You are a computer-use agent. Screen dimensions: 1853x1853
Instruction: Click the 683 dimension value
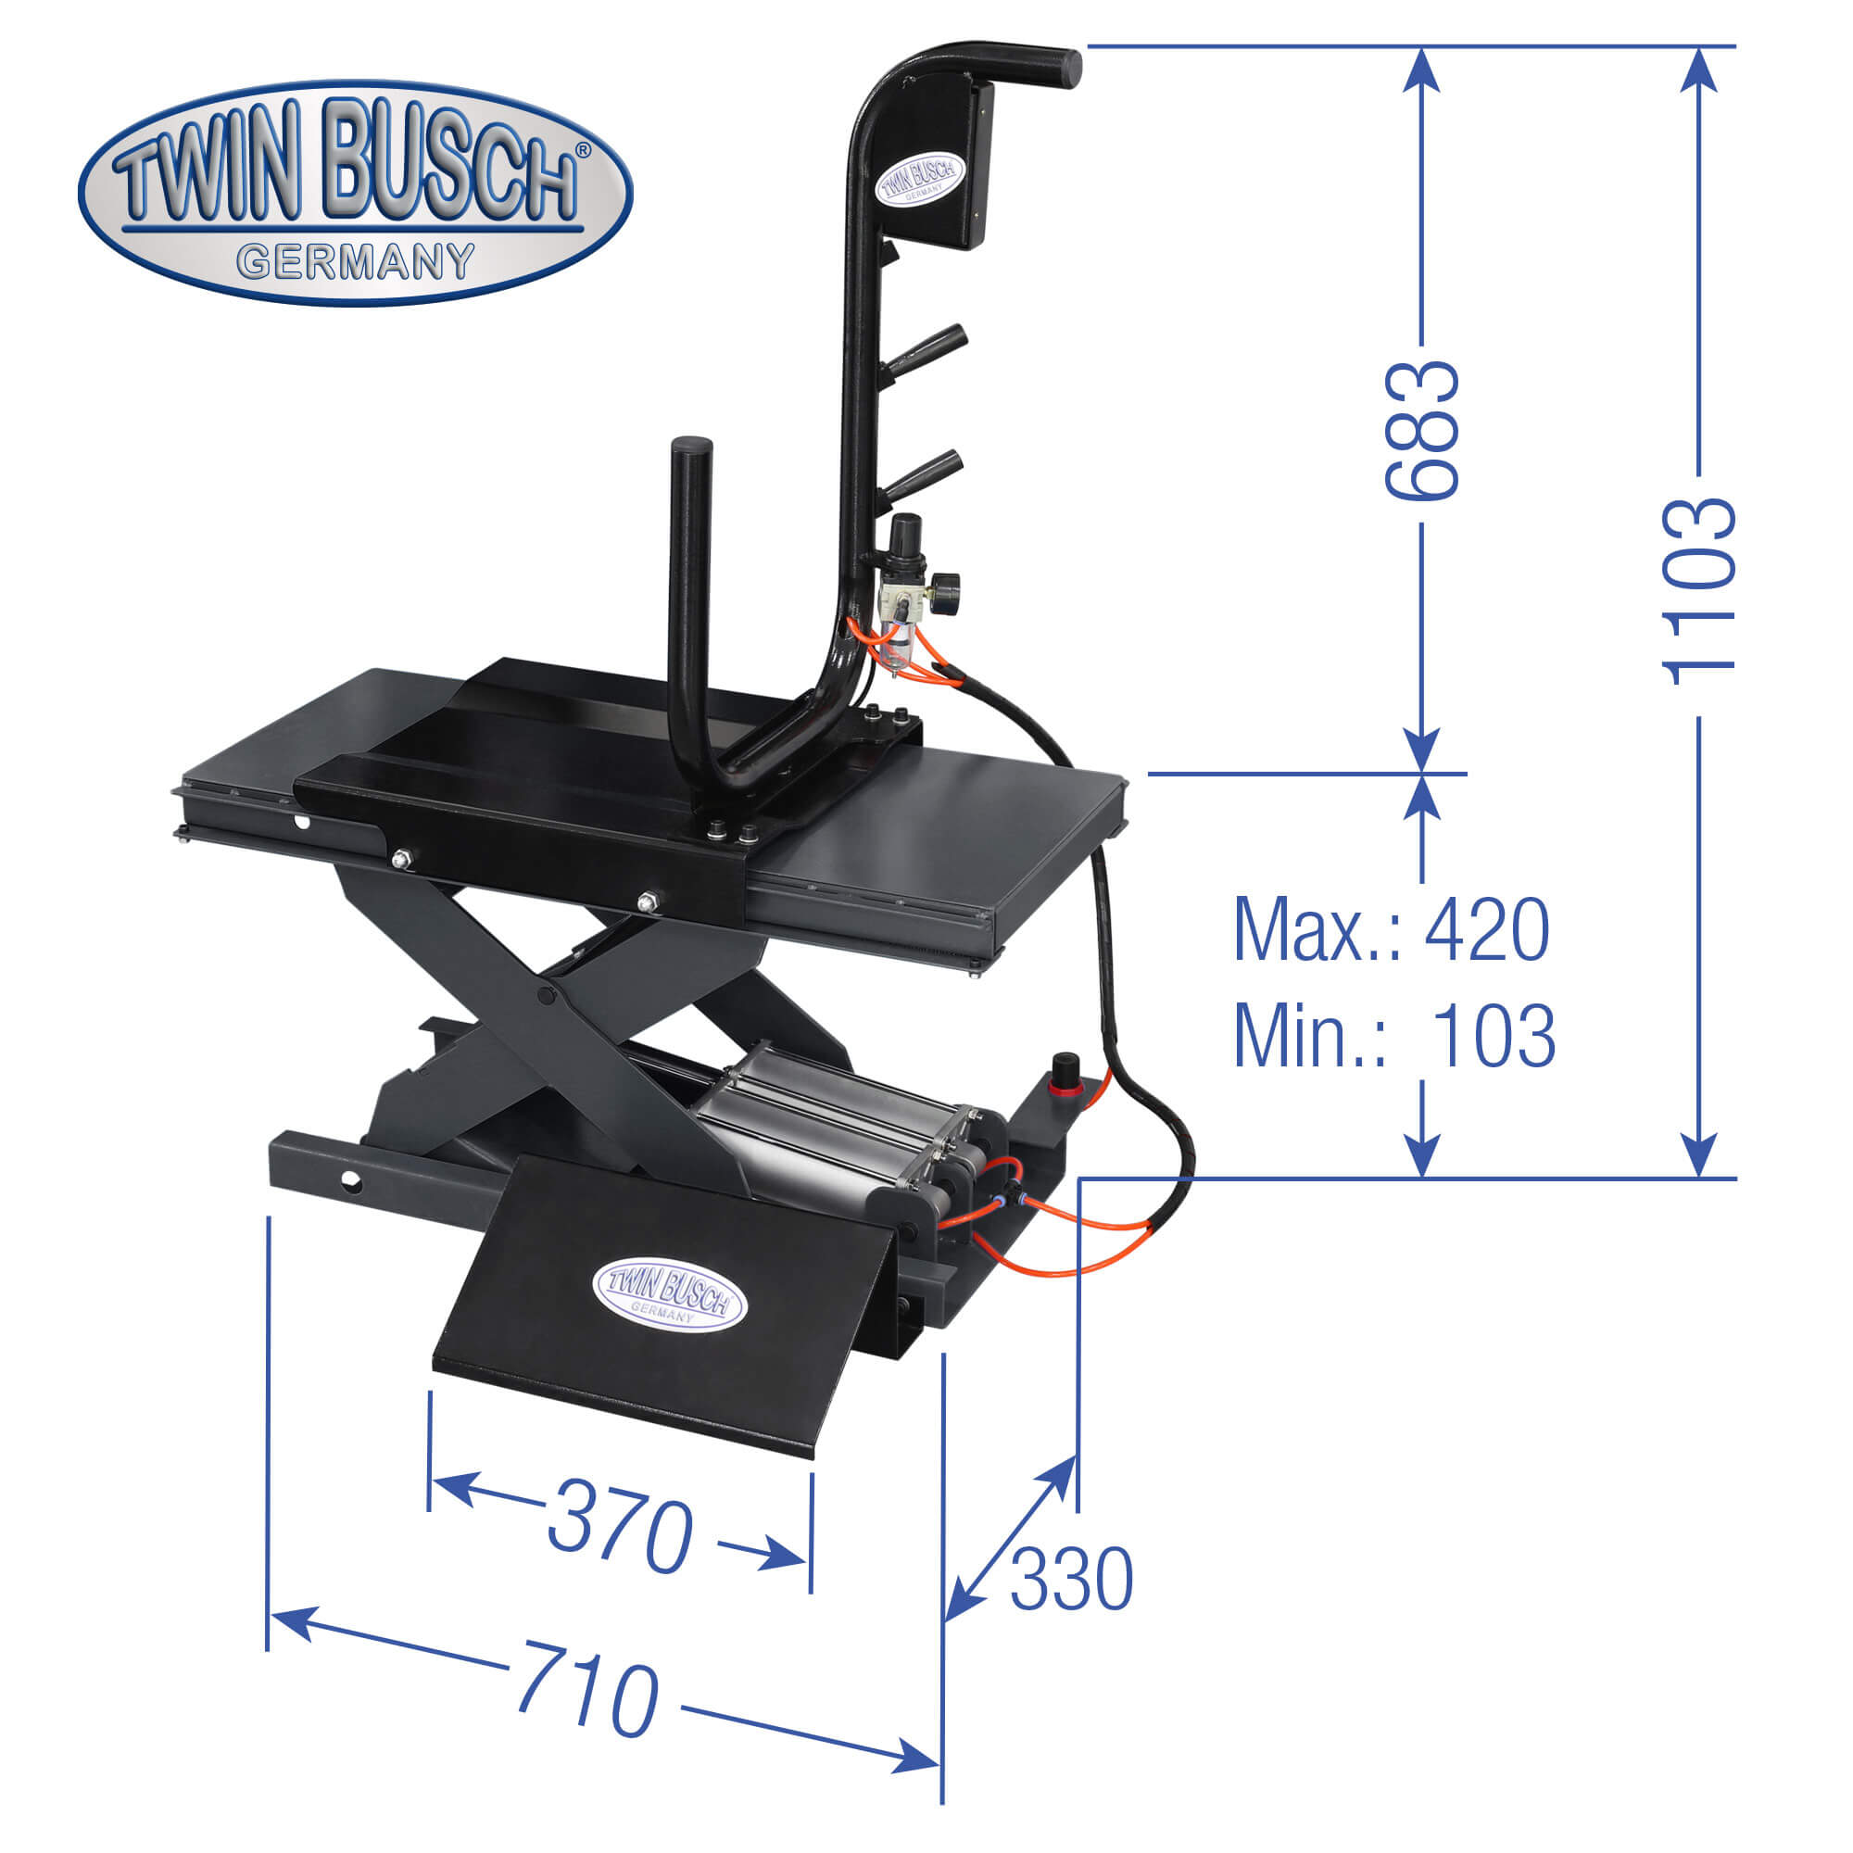(x=1421, y=430)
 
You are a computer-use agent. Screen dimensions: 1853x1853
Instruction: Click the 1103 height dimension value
(x=1698, y=592)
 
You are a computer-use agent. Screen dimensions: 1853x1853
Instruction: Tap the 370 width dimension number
(x=620, y=1528)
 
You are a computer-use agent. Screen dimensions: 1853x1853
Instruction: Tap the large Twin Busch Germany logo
(x=356, y=192)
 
